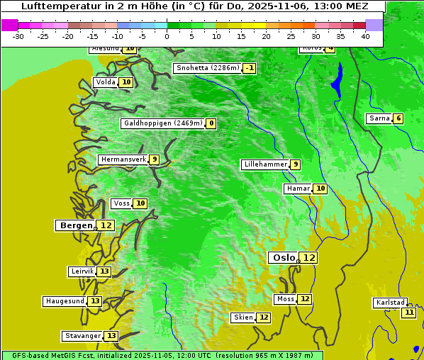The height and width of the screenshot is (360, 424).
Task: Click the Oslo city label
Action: click(284, 258)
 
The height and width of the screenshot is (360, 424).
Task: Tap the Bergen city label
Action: click(76, 225)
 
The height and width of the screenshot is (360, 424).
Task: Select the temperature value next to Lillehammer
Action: click(296, 164)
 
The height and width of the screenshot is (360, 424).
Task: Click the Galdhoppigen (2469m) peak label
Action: click(163, 123)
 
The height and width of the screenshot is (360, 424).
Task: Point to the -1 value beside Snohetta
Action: click(249, 69)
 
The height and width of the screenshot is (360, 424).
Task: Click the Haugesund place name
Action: click(65, 301)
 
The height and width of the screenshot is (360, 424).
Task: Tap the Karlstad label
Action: click(391, 303)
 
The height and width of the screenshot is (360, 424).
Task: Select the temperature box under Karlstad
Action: click(409, 313)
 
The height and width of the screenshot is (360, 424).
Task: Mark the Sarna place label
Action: click(379, 118)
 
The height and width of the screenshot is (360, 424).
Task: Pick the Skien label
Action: click(243, 317)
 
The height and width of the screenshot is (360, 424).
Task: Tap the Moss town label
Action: click(285, 299)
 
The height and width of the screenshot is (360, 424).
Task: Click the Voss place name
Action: click(121, 203)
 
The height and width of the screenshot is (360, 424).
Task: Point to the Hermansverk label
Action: click(123, 159)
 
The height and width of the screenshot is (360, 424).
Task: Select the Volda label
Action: click(105, 82)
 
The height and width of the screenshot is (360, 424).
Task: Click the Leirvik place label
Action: click(82, 271)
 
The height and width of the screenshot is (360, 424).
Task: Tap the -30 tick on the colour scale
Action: click(18, 36)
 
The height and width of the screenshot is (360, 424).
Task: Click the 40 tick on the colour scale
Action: click(365, 36)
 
